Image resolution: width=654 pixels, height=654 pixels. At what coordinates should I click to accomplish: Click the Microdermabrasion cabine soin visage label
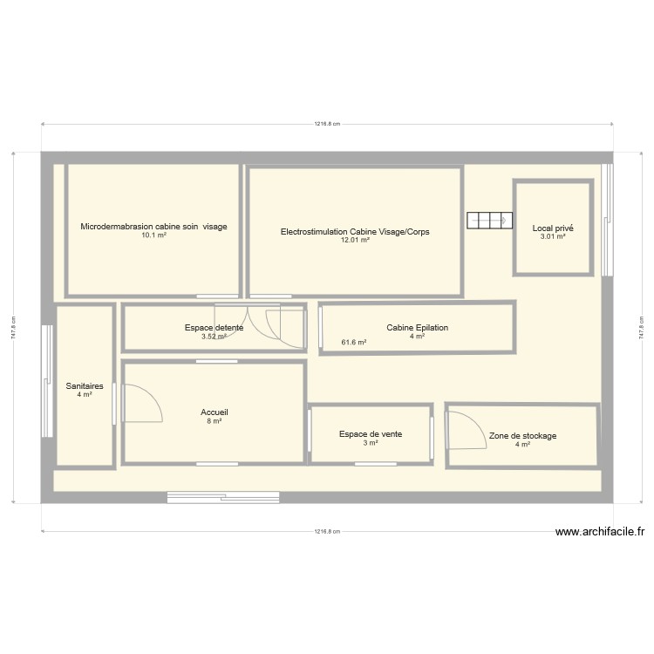pos(153,227)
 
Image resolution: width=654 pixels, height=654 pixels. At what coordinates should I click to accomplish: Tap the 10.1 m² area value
pos(153,235)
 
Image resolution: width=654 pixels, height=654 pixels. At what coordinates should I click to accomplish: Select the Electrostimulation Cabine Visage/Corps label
pos(355,232)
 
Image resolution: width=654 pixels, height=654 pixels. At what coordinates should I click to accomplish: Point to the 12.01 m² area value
pos(355,241)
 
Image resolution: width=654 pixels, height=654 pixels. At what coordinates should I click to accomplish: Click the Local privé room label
pos(553,228)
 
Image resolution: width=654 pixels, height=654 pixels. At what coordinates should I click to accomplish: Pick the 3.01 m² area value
pos(553,237)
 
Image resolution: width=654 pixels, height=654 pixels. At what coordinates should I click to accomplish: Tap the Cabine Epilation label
pos(417,328)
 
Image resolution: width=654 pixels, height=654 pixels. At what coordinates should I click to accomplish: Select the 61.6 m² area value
pos(353,343)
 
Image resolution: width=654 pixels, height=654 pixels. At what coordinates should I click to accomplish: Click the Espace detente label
pos(214,328)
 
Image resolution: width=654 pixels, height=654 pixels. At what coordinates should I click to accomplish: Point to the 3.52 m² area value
pos(214,337)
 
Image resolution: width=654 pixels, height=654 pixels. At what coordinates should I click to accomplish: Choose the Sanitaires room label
pos(85,385)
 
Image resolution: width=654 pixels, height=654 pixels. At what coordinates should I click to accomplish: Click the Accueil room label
pos(214,412)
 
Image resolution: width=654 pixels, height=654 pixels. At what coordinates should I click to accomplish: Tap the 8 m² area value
pos(214,421)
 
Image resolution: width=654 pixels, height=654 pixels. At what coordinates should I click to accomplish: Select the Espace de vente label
pos(371,433)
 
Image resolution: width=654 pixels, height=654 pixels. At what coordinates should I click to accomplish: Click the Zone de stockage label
pos(522,436)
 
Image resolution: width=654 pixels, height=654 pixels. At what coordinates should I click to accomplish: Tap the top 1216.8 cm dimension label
pos(327,124)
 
